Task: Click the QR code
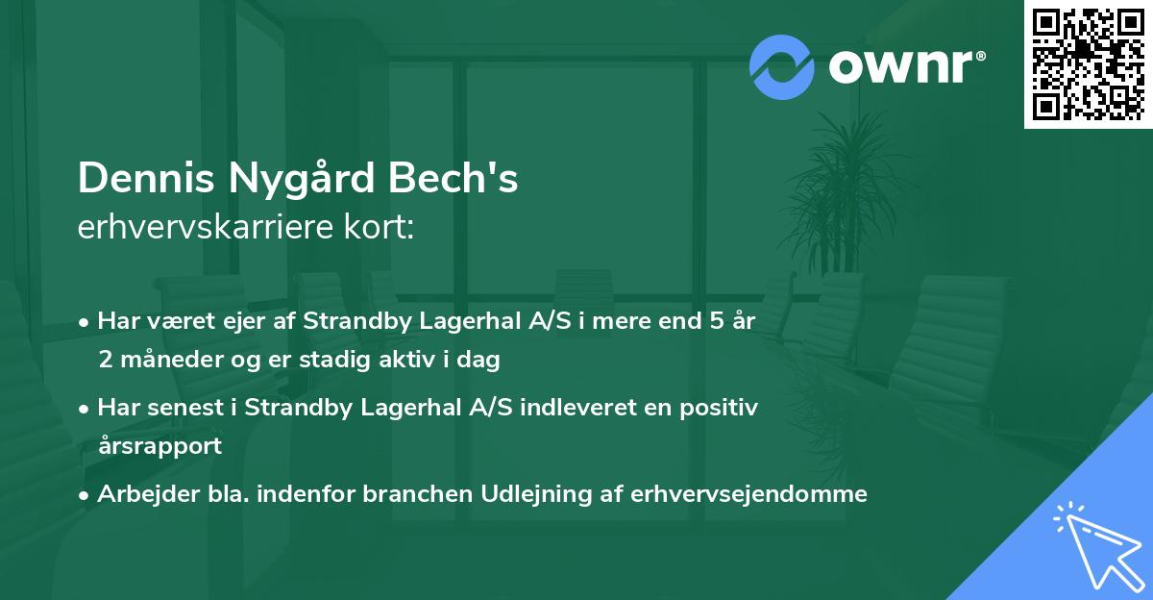point(1088,64)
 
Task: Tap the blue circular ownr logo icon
point(782,67)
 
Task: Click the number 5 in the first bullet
point(716,321)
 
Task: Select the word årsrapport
point(159,446)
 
